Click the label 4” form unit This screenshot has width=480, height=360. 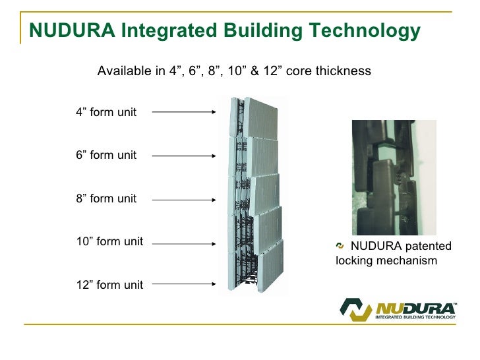pos(106,112)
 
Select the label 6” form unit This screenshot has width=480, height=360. pos(106,156)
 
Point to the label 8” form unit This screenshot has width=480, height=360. pos(106,198)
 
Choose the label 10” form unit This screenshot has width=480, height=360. pos(109,241)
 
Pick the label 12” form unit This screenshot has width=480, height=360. pos(109,285)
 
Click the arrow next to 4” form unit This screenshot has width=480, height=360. pos(184,112)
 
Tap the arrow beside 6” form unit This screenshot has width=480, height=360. pos(184,156)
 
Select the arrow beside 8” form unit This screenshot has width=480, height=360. pos(184,199)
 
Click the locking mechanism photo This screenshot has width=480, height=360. pos(394,177)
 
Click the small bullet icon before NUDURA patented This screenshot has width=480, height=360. pos(340,246)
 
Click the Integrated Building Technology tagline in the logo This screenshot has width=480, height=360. pos(415,318)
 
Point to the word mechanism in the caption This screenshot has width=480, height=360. pos(411,261)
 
